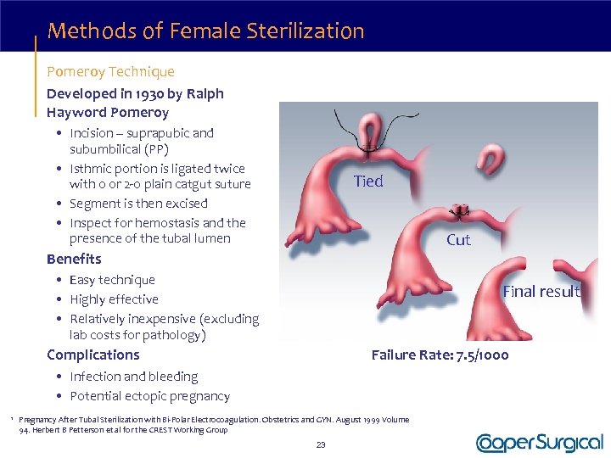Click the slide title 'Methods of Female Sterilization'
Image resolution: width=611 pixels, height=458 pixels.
206,32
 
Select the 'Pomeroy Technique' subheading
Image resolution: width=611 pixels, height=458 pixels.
110,72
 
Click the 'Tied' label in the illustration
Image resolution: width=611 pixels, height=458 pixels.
368,181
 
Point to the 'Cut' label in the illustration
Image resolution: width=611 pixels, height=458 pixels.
458,240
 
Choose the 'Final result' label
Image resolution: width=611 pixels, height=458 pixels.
541,291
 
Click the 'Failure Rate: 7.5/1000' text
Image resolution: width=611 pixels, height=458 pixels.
440,355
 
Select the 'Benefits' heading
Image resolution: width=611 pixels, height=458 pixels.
74,259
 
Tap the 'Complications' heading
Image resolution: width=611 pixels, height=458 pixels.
92,355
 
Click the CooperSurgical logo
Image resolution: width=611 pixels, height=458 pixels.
540,442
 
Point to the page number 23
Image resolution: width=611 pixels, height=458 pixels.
321,444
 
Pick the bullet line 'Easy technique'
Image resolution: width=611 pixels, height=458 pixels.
112,280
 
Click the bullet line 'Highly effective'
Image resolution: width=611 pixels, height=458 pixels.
114,299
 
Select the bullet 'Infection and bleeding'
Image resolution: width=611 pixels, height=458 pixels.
133,377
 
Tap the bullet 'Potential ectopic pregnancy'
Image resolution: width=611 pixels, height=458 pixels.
149,396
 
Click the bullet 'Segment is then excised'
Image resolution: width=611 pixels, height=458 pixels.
138,204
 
